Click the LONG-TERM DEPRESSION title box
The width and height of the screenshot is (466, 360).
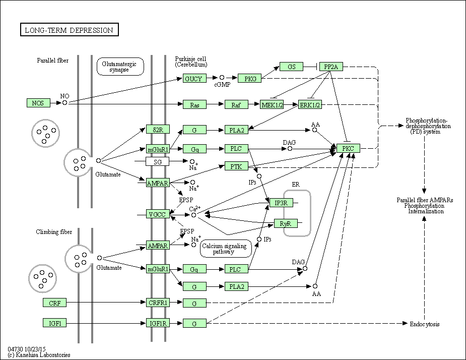70,30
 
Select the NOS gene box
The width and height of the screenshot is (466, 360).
38,103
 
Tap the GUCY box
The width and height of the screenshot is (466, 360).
193,79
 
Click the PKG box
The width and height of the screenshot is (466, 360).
250,79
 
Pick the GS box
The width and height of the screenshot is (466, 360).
292,67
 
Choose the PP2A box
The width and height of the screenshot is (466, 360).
331,67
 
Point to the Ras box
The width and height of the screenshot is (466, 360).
195,104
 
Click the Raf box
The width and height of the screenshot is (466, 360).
236,104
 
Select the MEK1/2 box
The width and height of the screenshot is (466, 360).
272,104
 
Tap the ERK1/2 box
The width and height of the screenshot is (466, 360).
310,104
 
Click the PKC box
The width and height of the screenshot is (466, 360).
348,148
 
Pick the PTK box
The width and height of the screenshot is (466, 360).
236,166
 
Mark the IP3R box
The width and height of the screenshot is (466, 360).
281,203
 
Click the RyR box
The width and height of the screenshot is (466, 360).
285,223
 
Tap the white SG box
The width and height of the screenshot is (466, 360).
158,161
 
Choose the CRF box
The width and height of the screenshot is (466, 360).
54,303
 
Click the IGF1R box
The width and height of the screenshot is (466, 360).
158,323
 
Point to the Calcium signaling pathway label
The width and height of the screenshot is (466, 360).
225,249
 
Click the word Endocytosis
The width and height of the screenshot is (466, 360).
424,324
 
